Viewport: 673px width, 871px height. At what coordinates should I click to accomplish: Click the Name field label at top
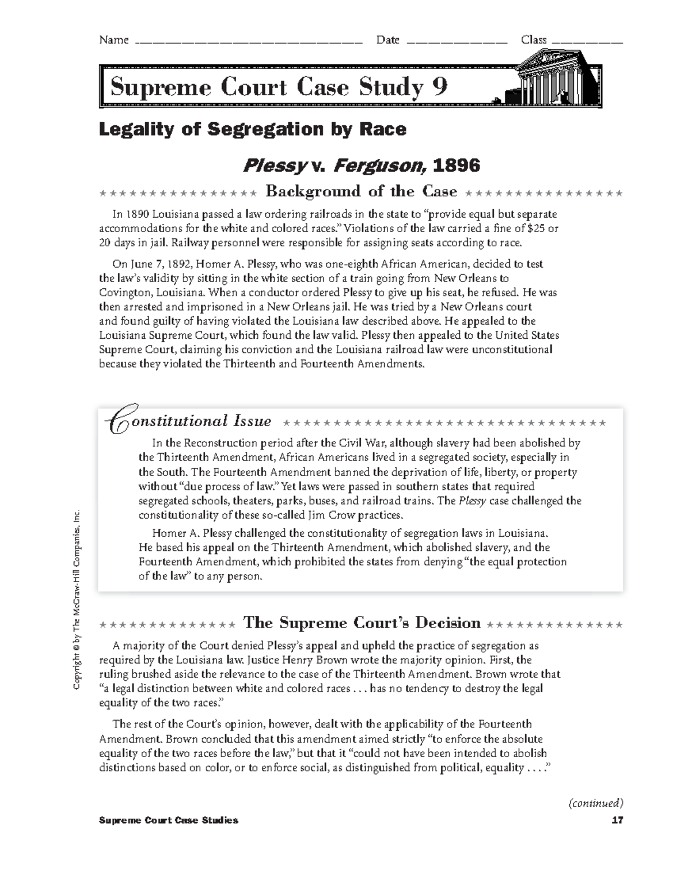click(113, 40)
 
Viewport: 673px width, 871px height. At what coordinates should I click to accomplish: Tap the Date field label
click(388, 40)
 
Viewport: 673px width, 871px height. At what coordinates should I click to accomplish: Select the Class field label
click(533, 40)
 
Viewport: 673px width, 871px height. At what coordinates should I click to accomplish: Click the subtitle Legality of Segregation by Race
click(252, 130)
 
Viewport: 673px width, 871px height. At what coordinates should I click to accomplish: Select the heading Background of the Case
click(361, 192)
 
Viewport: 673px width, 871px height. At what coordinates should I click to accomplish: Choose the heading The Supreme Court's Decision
click(362, 623)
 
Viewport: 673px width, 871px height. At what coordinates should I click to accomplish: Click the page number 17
click(617, 821)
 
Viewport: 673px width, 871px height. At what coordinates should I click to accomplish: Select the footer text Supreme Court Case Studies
click(168, 821)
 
